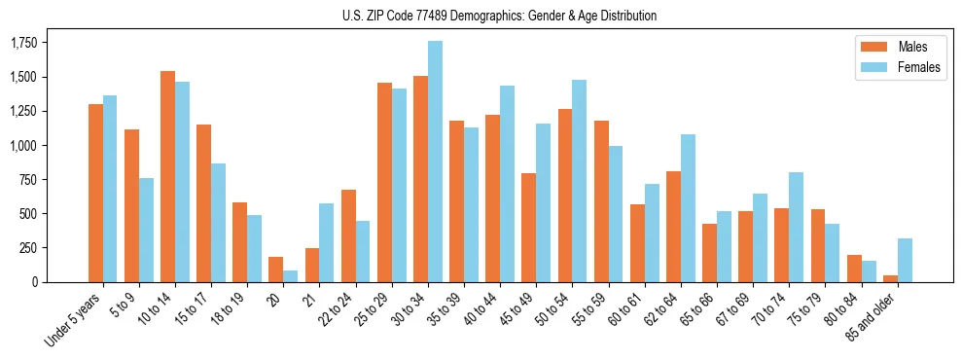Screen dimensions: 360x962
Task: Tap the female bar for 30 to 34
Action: (x=435, y=162)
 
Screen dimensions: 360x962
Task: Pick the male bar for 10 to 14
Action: (x=168, y=176)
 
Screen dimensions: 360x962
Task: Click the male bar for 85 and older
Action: (x=890, y=278)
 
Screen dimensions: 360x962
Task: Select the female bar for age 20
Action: (x=291, y=276)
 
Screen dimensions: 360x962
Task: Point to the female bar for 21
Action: (x=327, y=242)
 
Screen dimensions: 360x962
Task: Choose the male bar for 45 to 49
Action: (x=529, y=228)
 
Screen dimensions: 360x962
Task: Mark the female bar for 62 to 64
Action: (x=688, y=208)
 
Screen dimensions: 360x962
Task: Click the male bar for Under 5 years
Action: (x=95, y=193)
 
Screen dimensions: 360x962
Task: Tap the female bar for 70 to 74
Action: (x=796, y=227)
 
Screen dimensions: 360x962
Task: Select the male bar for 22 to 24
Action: (x=348, y=235)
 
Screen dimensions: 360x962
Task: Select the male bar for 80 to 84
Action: (x=854, y=269)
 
